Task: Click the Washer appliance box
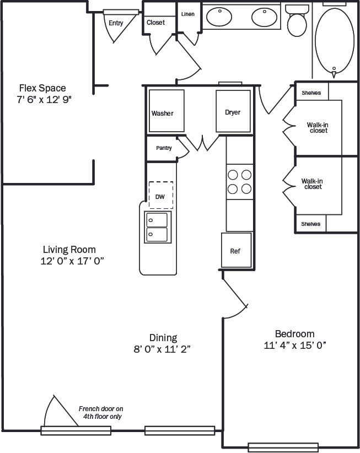(x=165, y=111)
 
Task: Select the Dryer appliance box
(x=233, y=111)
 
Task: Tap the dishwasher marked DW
(x=160, y=196)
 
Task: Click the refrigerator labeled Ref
(x=237, y=251)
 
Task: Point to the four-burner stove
(x=239, y=182)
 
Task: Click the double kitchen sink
(x=157, y=227)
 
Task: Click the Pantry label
(x=164, y=148)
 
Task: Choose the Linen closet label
(x=187, y=13)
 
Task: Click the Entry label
(x=116, y=23)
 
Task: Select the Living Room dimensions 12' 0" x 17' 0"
(x=72, y=262)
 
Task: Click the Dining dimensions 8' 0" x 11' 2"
(x=163, y=349)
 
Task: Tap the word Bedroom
(x=294, y=334)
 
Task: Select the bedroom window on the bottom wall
(x=283, y=447)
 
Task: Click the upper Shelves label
(x=311, y=93)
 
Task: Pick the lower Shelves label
(x=310, y=224)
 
